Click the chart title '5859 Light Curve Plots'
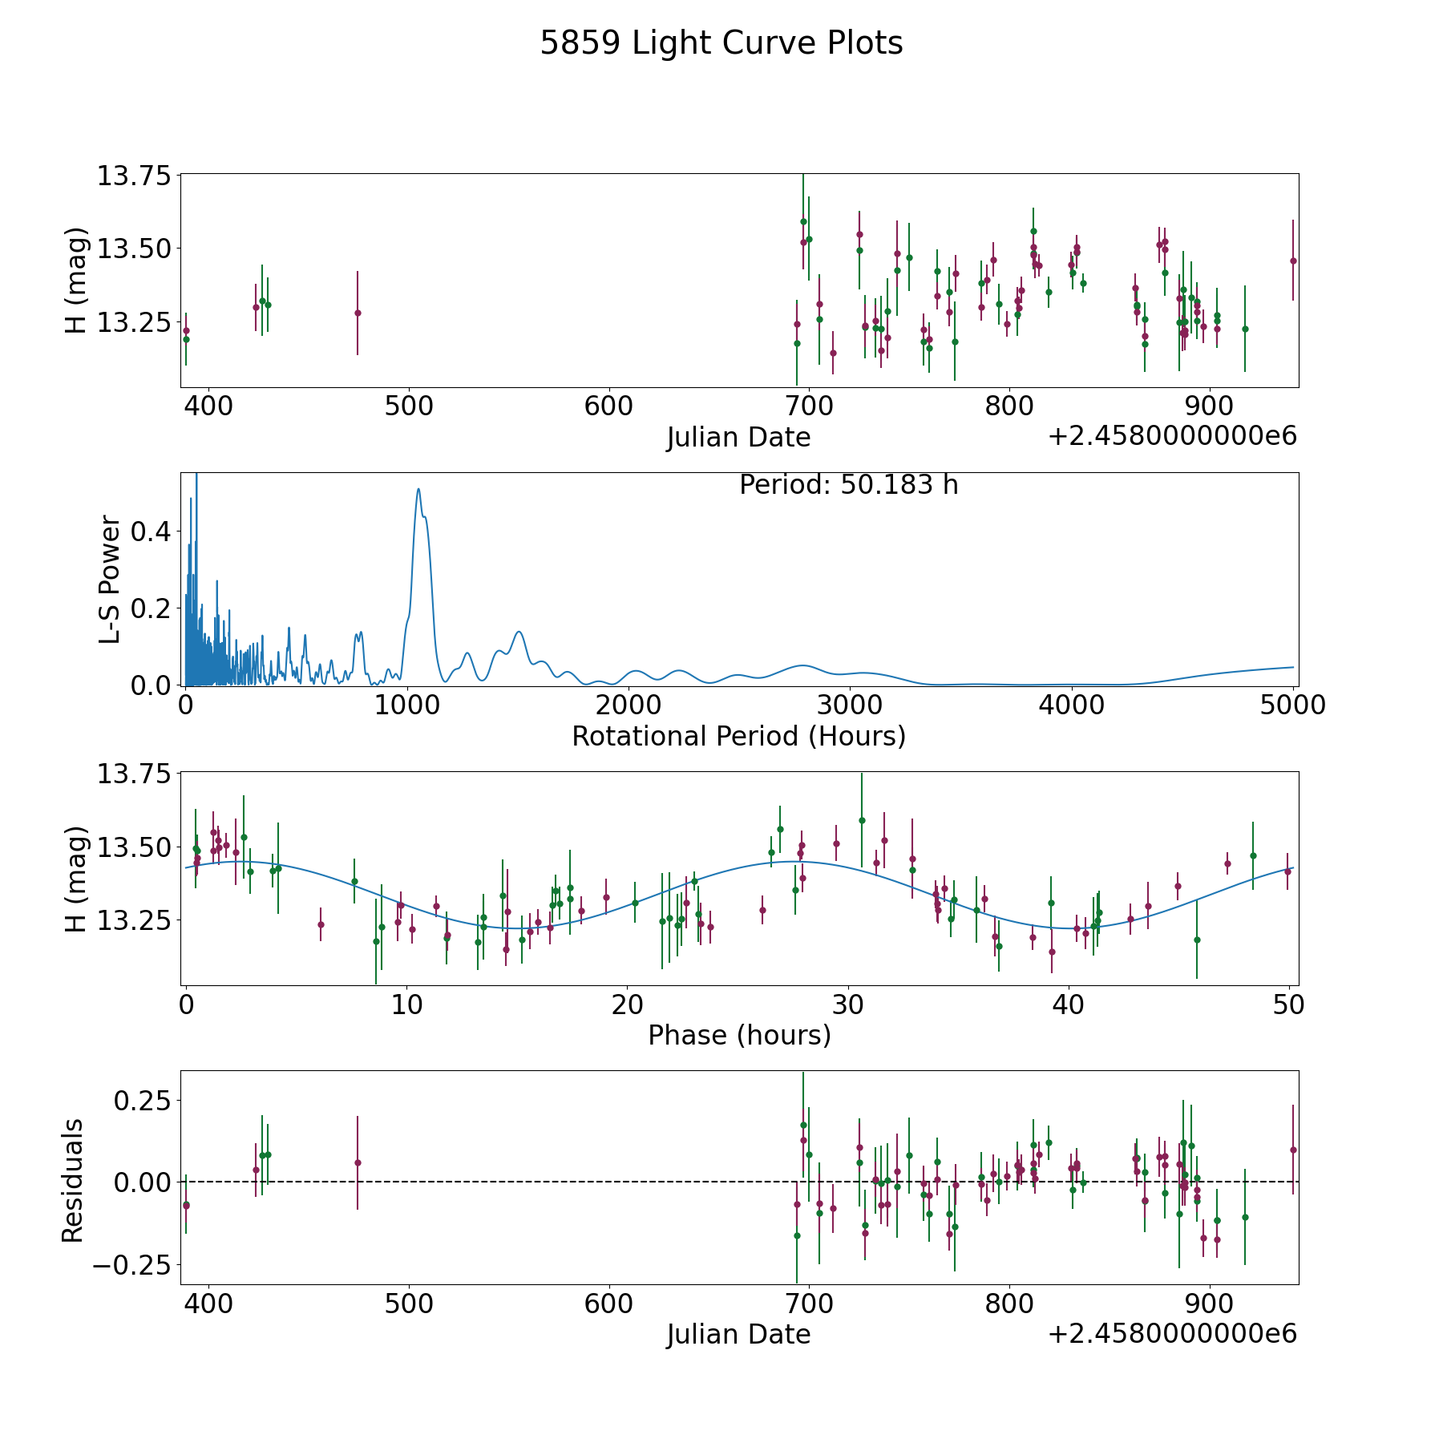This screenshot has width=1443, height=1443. click(x=721, y=43)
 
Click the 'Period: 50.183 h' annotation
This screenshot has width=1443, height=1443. click(x=849, y=485)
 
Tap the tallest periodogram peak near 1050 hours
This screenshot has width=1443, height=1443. click(x=418, y=489)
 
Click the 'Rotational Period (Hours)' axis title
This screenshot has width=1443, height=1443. click(x=739, y=736)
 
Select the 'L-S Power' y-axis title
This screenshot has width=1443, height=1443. click(x=111, y=580)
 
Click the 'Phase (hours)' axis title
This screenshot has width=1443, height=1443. click(x=739, y=1035)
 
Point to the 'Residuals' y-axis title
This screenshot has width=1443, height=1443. click(x=73, y=1180)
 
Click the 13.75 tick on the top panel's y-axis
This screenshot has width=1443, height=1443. click(x=134, y=175)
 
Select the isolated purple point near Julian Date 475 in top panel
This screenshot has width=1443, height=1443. click(x=358, y=313)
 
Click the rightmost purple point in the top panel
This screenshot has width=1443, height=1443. click(x=1293, y=261)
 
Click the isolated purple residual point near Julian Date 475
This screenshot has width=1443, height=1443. click(x=358, y=1162)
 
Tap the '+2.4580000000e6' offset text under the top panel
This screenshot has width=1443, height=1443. click(x=1172, y=436)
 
